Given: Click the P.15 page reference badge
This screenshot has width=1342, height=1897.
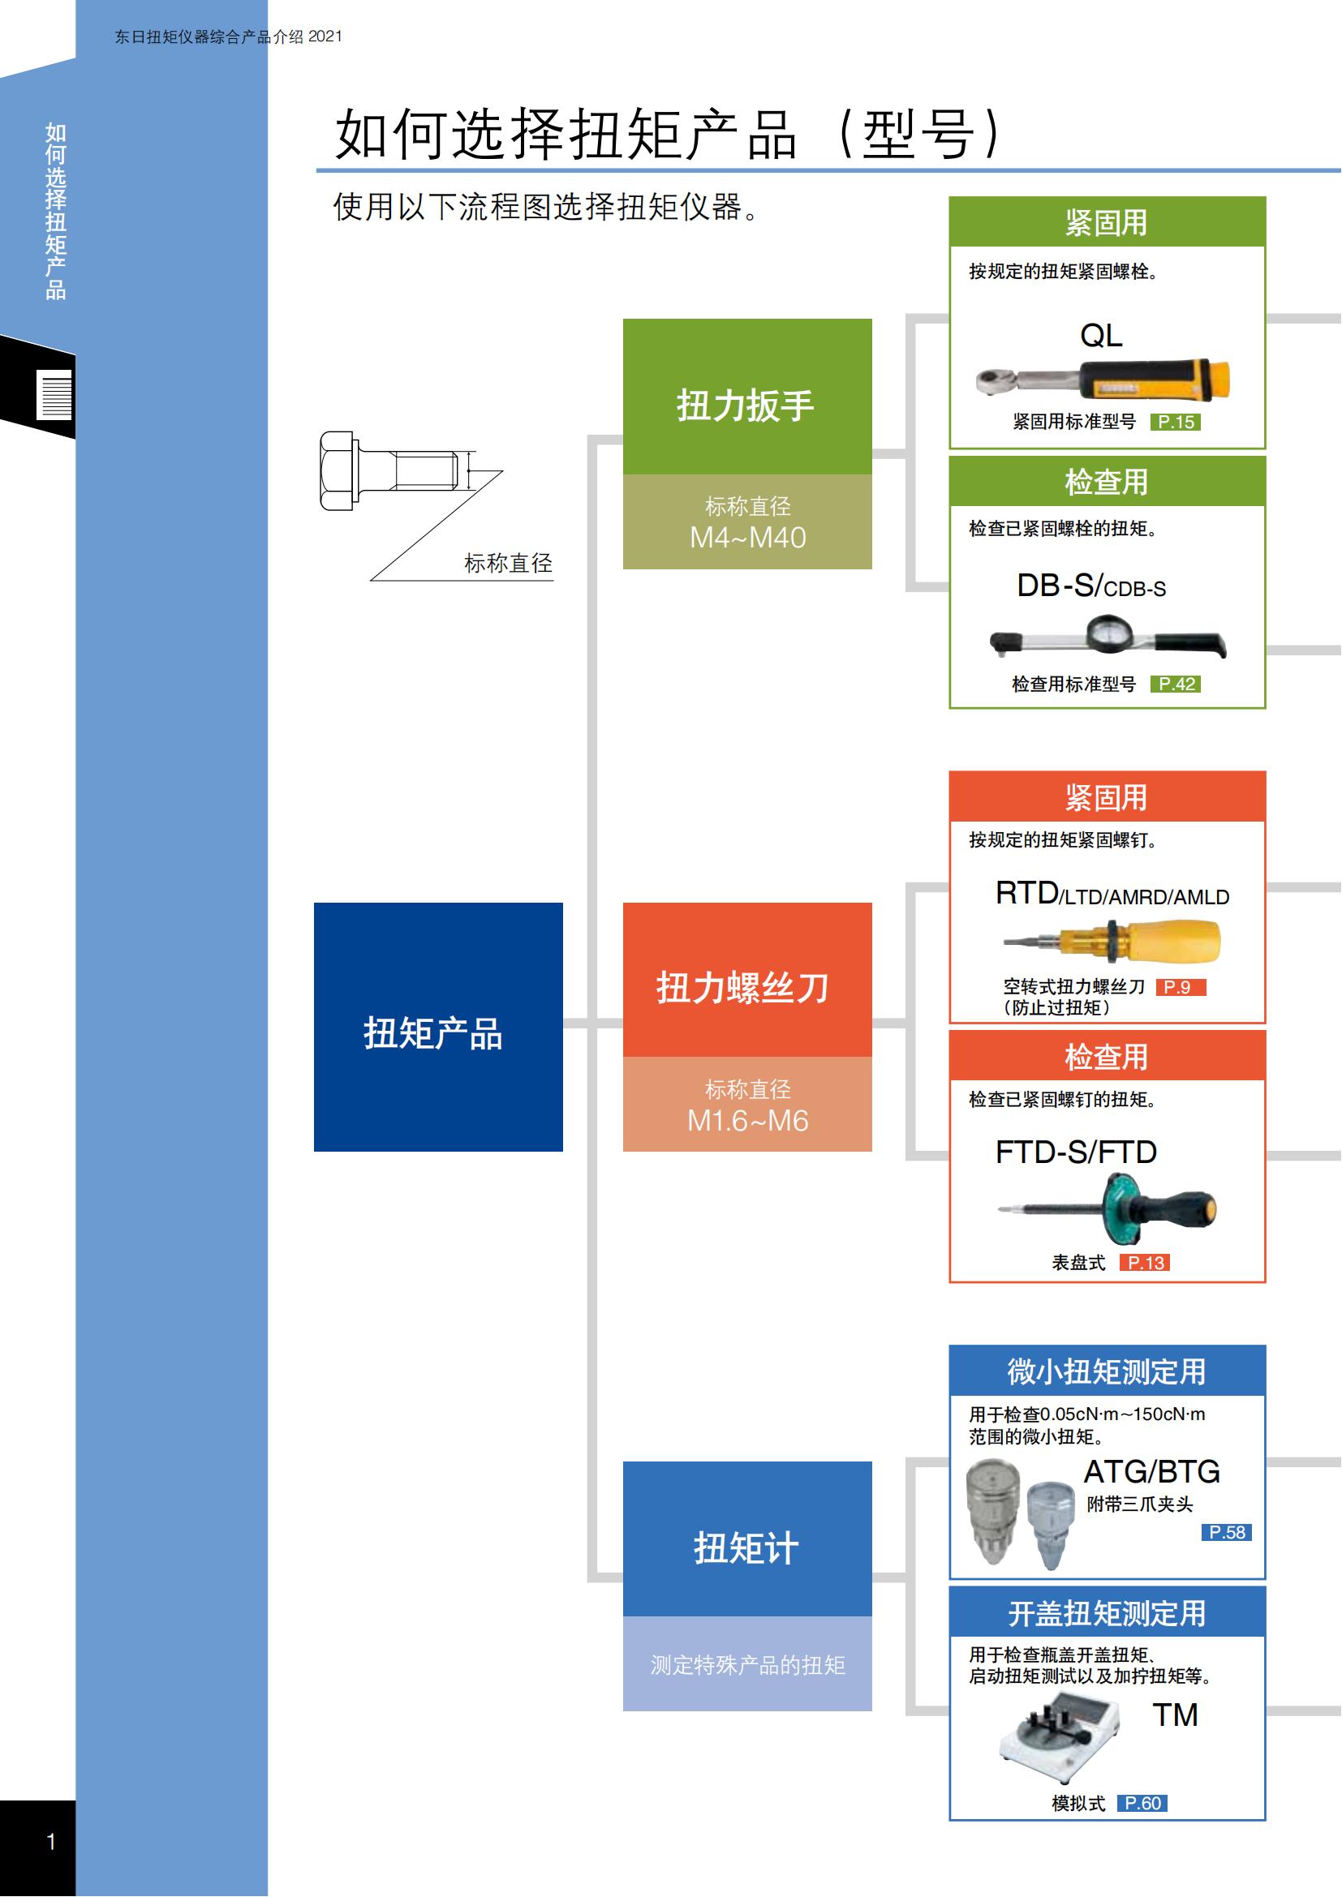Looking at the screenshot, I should click(x=1175, y=423).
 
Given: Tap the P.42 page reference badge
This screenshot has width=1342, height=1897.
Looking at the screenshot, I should click(x=1175, y=685).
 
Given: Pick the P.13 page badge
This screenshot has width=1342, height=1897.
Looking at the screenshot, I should click(x=1145, y=1263).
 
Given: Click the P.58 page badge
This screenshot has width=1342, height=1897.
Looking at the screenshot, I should click(x=1226, y=1533).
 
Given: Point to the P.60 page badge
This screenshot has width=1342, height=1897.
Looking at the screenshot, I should click(x=1142, y=1803).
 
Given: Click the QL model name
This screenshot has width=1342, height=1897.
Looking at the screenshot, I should click(x=1101, y=336).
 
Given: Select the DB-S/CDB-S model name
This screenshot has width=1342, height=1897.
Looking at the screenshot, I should click(x=1090, y=586).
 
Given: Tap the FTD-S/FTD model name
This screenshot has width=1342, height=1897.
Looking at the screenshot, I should click(x=1076, y=1152).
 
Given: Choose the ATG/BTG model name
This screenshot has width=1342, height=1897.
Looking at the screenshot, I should click(x=1152, y=1471).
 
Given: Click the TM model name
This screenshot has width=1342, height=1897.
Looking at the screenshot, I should click(x=1175, y=1715).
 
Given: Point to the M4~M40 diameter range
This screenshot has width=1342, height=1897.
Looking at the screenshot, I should click(x=748, y=538).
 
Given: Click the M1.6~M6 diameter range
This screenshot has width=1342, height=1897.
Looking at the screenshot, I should click(x=748, y=1121).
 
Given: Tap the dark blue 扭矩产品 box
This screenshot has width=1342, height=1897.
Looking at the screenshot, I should click(x=438, y=1027).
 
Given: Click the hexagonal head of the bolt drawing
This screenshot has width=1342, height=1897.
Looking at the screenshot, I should click(x=337, y=471).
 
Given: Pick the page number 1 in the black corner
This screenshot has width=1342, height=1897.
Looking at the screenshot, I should click(x=51, y=1841).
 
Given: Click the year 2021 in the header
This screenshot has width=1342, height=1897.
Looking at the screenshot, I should click(x=325, y=36).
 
